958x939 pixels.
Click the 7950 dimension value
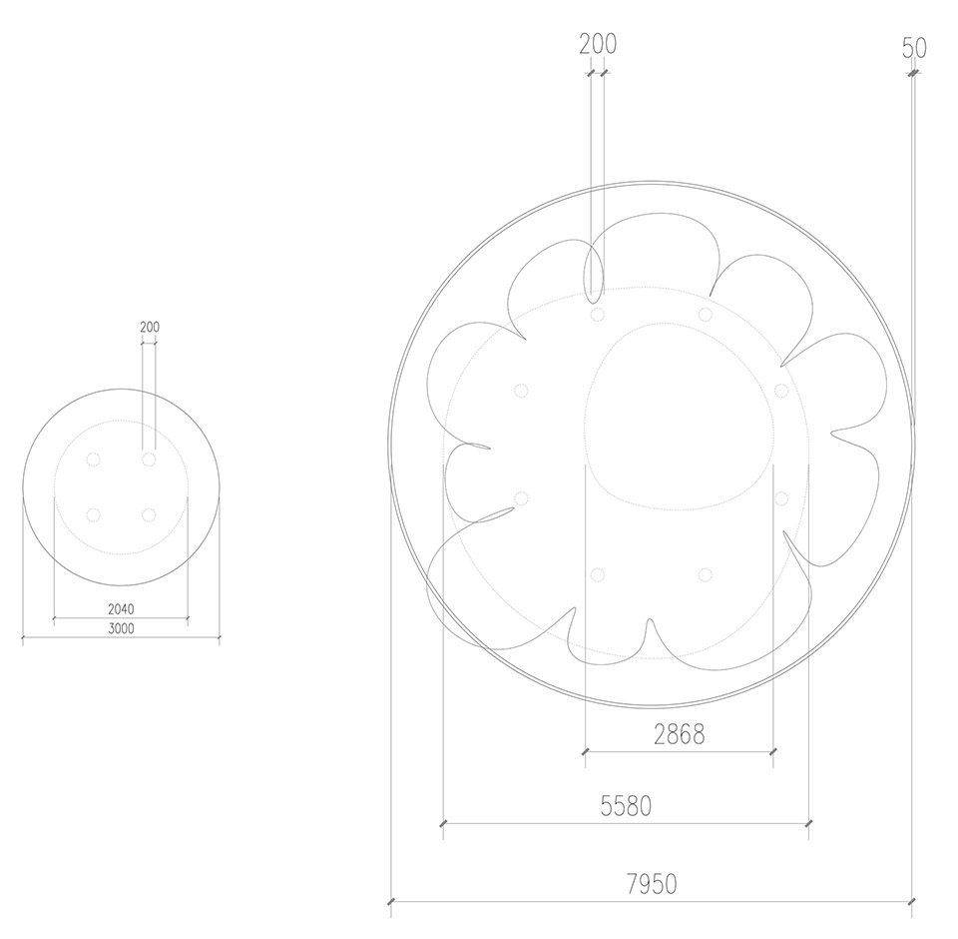coord(652,884)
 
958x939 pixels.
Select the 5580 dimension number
coord(626,806)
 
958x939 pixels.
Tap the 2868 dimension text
coord(679,734)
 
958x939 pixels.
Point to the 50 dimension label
coord(914,48)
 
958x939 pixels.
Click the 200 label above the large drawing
coord(598,44)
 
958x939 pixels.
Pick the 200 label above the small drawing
coord(150,327)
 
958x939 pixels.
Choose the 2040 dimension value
coord(121,608)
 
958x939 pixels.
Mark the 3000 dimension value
coord(121,627)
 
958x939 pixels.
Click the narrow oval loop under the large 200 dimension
coord(594,272)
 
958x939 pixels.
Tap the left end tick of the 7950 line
coord(391,902)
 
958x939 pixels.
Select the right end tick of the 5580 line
coord(807,824)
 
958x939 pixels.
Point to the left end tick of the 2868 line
coord(584,751)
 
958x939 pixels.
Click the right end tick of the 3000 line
coord(219,636)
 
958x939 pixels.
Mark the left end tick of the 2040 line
coord(53,618)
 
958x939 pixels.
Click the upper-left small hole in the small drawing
coord(93,460)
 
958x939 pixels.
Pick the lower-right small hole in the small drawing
coord(149,515)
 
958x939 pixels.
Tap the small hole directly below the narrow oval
coord(598,316)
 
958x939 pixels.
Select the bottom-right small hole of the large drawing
coord(706,574)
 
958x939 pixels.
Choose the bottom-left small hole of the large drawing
coord(598,574)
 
